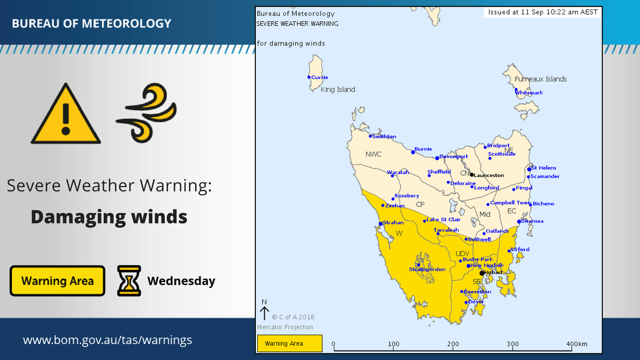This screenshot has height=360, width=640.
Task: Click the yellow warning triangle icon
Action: pyautogui.click(x=65, y=115)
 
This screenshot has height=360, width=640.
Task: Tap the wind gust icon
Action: pyautogui.click(x=147, y=113)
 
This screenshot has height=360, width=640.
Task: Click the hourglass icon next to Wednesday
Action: pyautogui.click(x=129, y=280)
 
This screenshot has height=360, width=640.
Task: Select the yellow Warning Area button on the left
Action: pyautogui.click(x=57, y=281)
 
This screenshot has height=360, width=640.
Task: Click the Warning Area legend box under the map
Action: pyautogui.click(x=290, y=343)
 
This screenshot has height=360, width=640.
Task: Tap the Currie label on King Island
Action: pyautogui.click(x=319, y=77)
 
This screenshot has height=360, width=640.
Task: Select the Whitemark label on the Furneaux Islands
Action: pyautogui.click(x=529, y=93)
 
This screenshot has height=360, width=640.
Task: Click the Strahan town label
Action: pyautogui.click(x=393, y=223)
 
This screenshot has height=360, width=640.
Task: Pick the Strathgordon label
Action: pyautogui.click(x=427, y=270)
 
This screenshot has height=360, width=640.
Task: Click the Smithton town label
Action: pyautogui.click(x=383, y=137)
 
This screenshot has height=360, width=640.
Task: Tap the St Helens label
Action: pyautogui.click(x=543, y=168)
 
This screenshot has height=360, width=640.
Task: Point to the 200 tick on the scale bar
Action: pyautogui.click(x=453, y=344)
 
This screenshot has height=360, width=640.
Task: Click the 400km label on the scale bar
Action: pyautogui.click(x=576, y=344)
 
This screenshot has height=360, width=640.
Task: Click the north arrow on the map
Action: pyautogui.click(x=264, y=312)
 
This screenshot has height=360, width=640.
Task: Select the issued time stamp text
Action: pyautogui.click(x=543, y=12)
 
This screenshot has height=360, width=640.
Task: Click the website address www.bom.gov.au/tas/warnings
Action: pyautogui.click(x=107, y=340)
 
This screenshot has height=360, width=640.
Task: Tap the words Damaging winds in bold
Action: pyautogui.click(x=109, y=217)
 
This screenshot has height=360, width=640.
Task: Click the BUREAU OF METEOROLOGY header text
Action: pyautogui.click(x=91, y=24)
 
